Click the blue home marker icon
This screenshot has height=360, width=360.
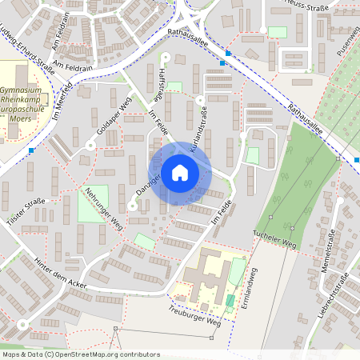(x=180, y=173)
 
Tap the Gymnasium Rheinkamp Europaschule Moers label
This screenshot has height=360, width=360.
(x=26, y=102)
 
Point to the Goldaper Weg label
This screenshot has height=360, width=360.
(x=113, y=117)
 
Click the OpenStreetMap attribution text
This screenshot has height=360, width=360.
(x=81, y=354)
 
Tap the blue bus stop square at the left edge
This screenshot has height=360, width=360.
(x=31, y=150)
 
